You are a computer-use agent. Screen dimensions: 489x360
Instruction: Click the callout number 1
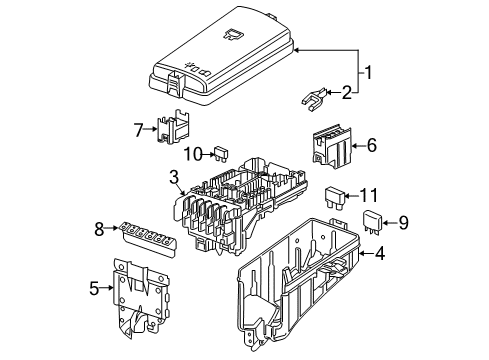click(x=368, y=72)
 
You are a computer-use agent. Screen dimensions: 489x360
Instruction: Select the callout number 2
click(x=347, y=92)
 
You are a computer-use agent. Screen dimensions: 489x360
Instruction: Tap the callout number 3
click(x=174, y=177)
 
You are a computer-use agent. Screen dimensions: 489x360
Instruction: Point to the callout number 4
click(x=380, y=253)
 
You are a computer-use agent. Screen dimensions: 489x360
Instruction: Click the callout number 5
click(x=94, y=288)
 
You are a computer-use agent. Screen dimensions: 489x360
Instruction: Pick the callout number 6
click(x=372, y=145)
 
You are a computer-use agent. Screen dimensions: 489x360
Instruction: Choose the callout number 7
click(x=138, y=130)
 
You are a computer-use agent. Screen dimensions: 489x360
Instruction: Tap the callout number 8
click(x=99, y=229)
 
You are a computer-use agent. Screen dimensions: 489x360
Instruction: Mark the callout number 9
click(x=403, y=222)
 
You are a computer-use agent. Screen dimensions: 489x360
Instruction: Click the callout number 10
click(x=193, y=154)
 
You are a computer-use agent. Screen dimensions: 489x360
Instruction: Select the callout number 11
click(x=369, y=195)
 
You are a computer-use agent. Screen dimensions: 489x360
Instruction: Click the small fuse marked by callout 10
click(x=221, y=154)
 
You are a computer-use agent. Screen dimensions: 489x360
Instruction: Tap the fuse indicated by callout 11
click(x=334, y=198)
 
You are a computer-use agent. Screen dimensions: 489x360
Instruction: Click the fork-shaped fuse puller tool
click(x=313, y=98)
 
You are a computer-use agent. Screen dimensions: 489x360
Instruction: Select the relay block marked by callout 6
click(x=332, y=146)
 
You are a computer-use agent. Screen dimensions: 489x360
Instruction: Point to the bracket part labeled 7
click(x=173, y=126)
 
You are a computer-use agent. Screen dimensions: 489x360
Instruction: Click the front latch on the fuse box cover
click(x=175, y=82)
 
